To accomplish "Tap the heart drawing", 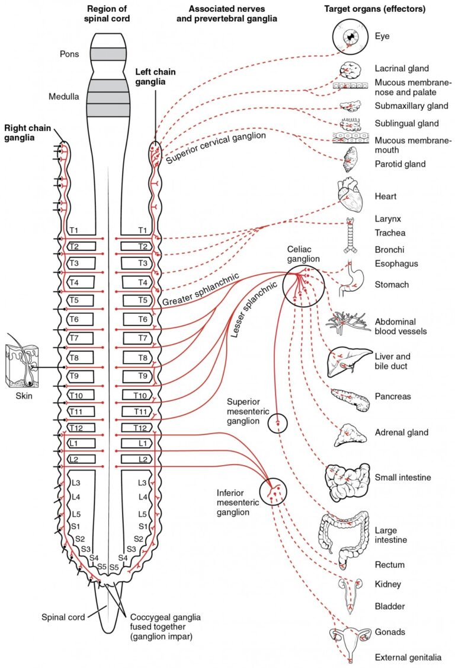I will (x=350, y=196).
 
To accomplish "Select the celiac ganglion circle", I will (x=302, y=285).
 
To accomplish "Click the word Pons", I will (x=69, y=53).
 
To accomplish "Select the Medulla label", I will (x=64, y=97).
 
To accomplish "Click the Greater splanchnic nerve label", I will (x=201, y=291).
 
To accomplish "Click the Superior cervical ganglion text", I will (x=216, y=148).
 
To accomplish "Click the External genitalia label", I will (x=408, y=657).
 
